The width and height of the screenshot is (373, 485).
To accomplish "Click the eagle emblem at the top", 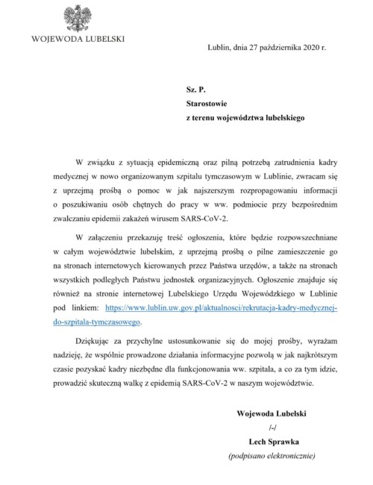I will pos(76,16).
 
